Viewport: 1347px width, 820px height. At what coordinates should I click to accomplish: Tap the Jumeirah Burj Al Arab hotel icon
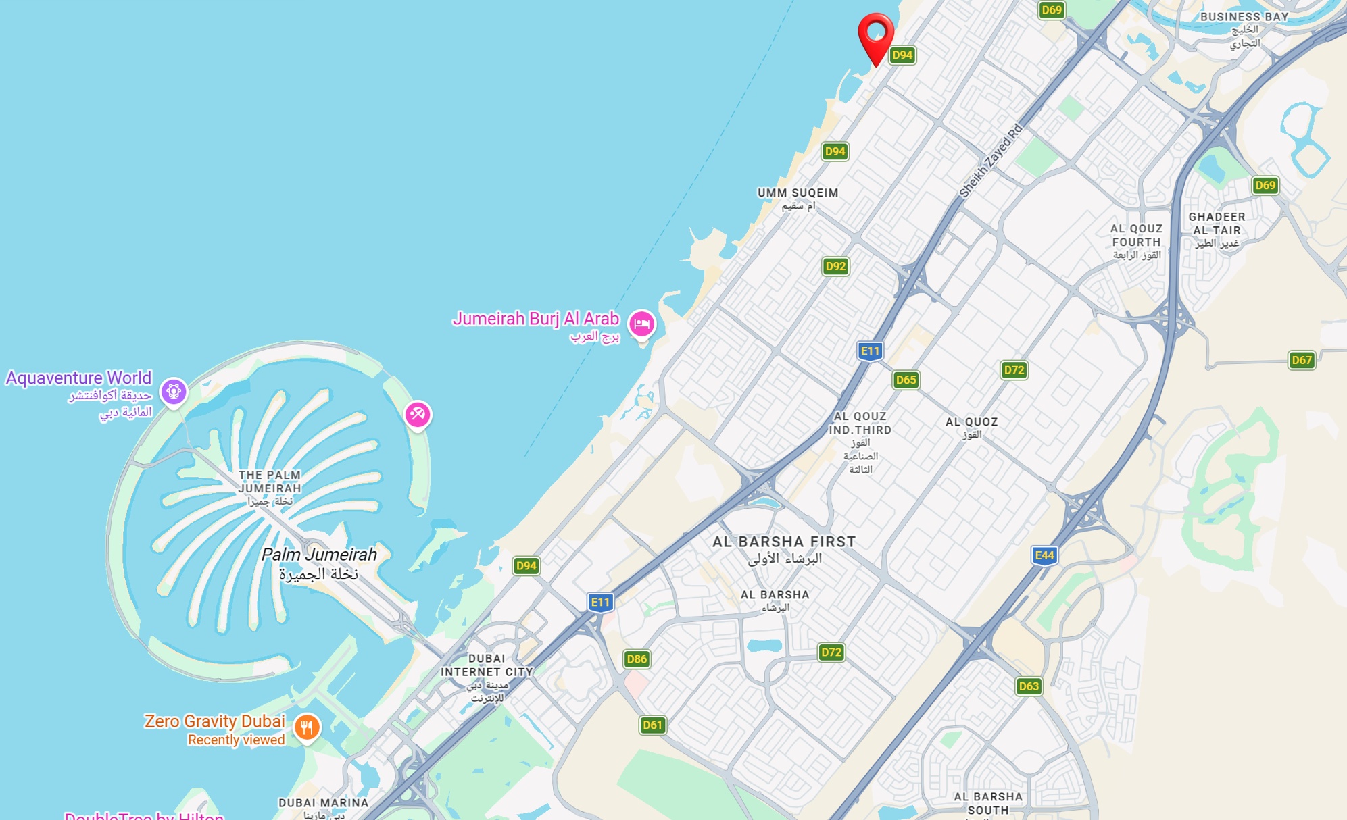(x=641, y=324)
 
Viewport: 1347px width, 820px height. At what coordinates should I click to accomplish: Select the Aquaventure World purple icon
(x=174, y=391)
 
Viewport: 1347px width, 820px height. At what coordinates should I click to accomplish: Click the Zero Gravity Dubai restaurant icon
(x=307, y=727)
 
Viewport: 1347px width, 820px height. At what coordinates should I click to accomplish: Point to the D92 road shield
(x=835, y=266)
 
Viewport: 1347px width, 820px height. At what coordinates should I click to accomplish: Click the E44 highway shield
(x=1044, y=555)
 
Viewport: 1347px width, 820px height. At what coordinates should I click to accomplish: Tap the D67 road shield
(x=1302, y=360)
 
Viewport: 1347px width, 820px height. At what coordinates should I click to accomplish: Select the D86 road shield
(x=637, y=659)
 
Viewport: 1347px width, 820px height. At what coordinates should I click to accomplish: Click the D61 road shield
(x=652, y=725)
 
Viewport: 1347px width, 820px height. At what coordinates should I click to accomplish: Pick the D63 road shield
(x=1029, y=686)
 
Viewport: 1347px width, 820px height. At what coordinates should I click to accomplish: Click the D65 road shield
(x=906, y=380)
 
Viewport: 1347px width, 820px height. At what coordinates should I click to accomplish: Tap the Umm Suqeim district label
(x=798, y=193)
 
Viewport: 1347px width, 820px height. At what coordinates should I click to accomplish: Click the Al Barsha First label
(x=784, y=542)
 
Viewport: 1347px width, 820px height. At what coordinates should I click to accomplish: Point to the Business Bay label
(x=1244, y=17)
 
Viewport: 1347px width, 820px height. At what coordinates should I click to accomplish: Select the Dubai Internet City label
(x=487, y=665)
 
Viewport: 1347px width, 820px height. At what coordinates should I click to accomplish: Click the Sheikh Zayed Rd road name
(x=991, y=161)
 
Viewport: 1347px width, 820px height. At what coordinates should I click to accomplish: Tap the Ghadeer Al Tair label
(x=1217, y=224)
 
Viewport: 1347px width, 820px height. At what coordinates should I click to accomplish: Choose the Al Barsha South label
(x=988, y=803)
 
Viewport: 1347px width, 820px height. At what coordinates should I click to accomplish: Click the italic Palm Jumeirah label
(x=319, y=555)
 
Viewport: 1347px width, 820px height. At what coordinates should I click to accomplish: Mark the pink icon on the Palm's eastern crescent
(x=417, y=414)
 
